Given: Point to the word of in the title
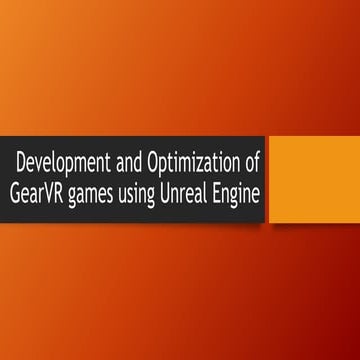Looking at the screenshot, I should tap(252, 159).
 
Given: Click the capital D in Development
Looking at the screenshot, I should tap(23, 159).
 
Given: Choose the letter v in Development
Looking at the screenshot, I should tap(42, 160).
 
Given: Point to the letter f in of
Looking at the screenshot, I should tap(257, 158).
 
